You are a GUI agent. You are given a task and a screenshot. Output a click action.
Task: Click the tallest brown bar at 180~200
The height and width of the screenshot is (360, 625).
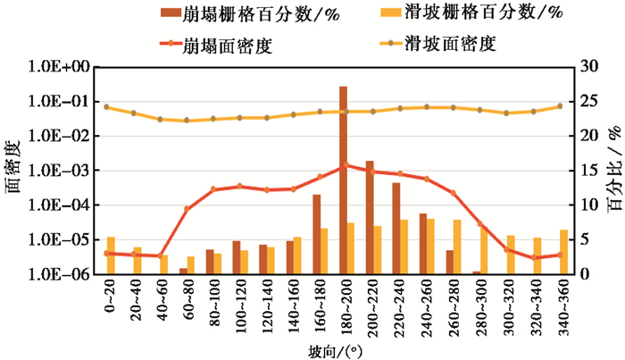pos(343,179)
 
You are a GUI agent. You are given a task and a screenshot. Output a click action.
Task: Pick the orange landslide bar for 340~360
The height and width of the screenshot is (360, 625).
pos(564,252)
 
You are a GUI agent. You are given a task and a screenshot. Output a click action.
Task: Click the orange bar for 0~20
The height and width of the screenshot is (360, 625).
pos(112,255)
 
